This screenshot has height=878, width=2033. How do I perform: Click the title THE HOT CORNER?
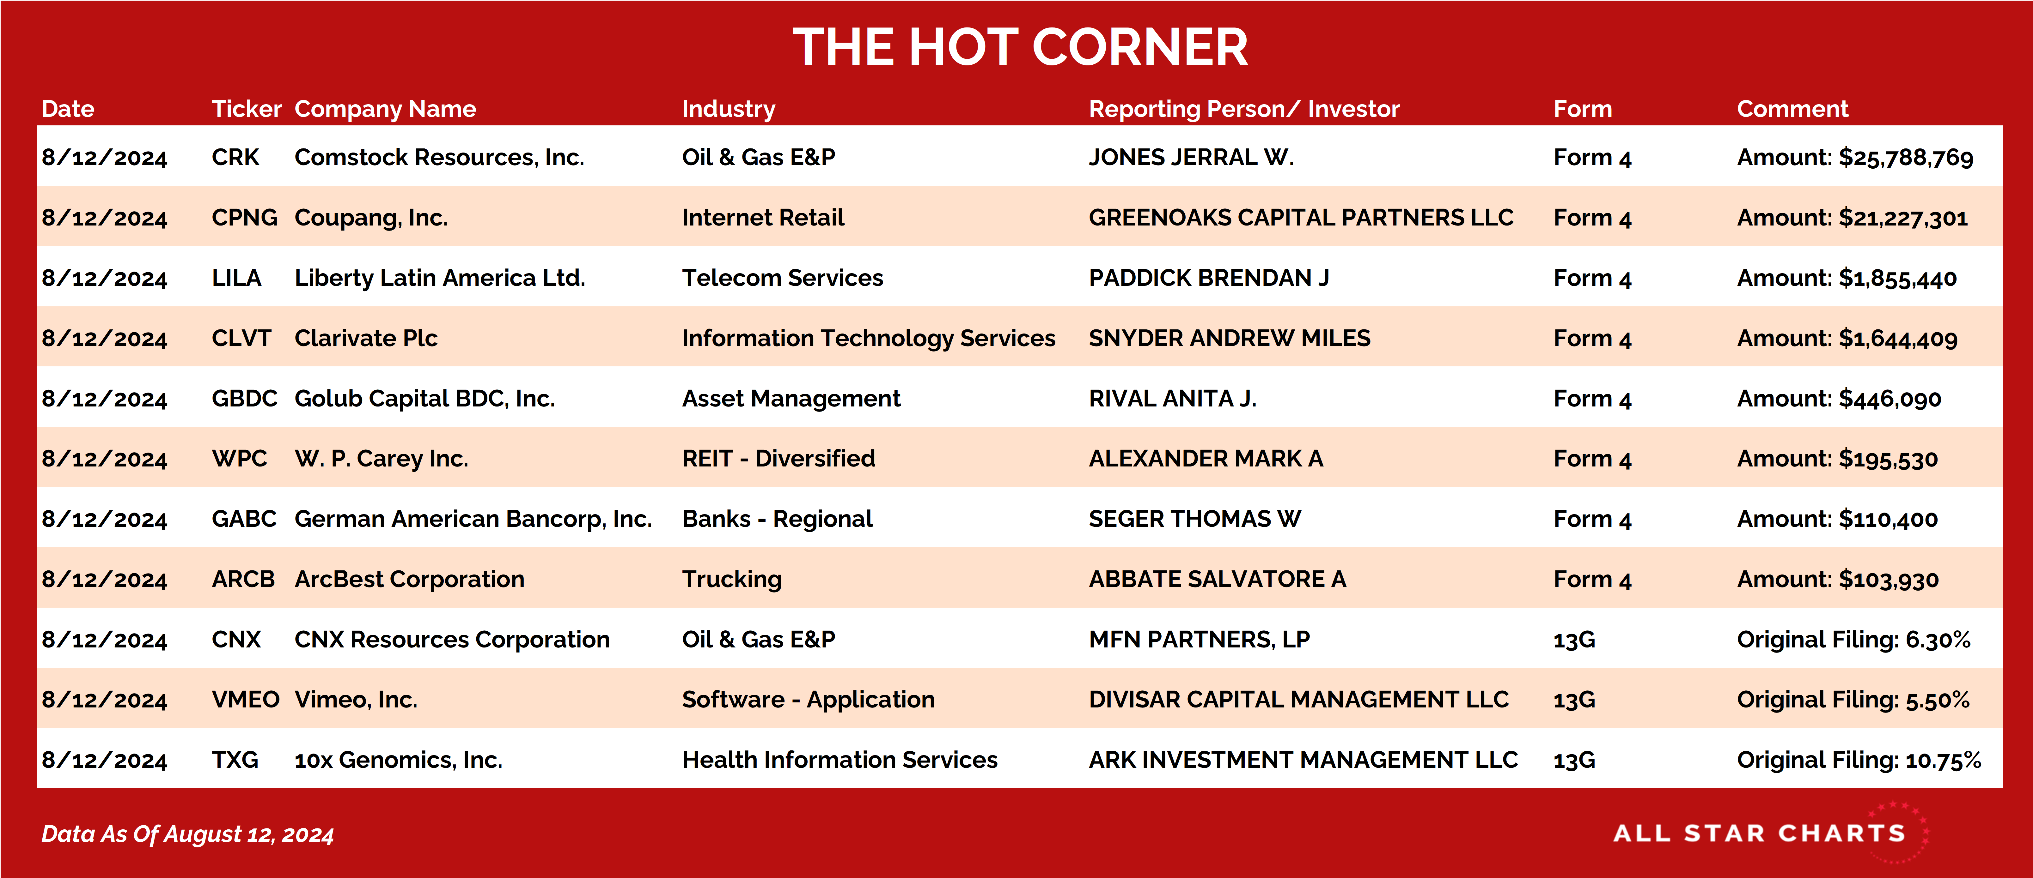[x=1020, y=47]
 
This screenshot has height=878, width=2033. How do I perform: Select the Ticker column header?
[x=246, y=109]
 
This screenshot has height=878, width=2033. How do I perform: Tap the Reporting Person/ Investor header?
[x=1244, y=109]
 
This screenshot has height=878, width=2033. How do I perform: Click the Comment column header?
[x=1792, y=109]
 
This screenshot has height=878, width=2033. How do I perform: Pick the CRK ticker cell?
[x=235, y=157]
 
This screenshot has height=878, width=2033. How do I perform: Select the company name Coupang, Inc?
[x=371, y=218]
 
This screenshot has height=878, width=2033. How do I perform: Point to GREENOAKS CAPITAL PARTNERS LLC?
[x=1301, y=218]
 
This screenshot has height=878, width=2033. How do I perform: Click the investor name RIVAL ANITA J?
[x=1172, y=398]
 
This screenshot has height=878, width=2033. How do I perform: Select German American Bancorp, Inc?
[x=473, y=519]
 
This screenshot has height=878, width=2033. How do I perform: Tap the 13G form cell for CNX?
[x=1574, y=640]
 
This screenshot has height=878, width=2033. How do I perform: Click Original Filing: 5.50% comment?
[x=1853, y=700]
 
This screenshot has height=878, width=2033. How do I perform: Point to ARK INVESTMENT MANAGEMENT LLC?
[x=1303, y=760]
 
